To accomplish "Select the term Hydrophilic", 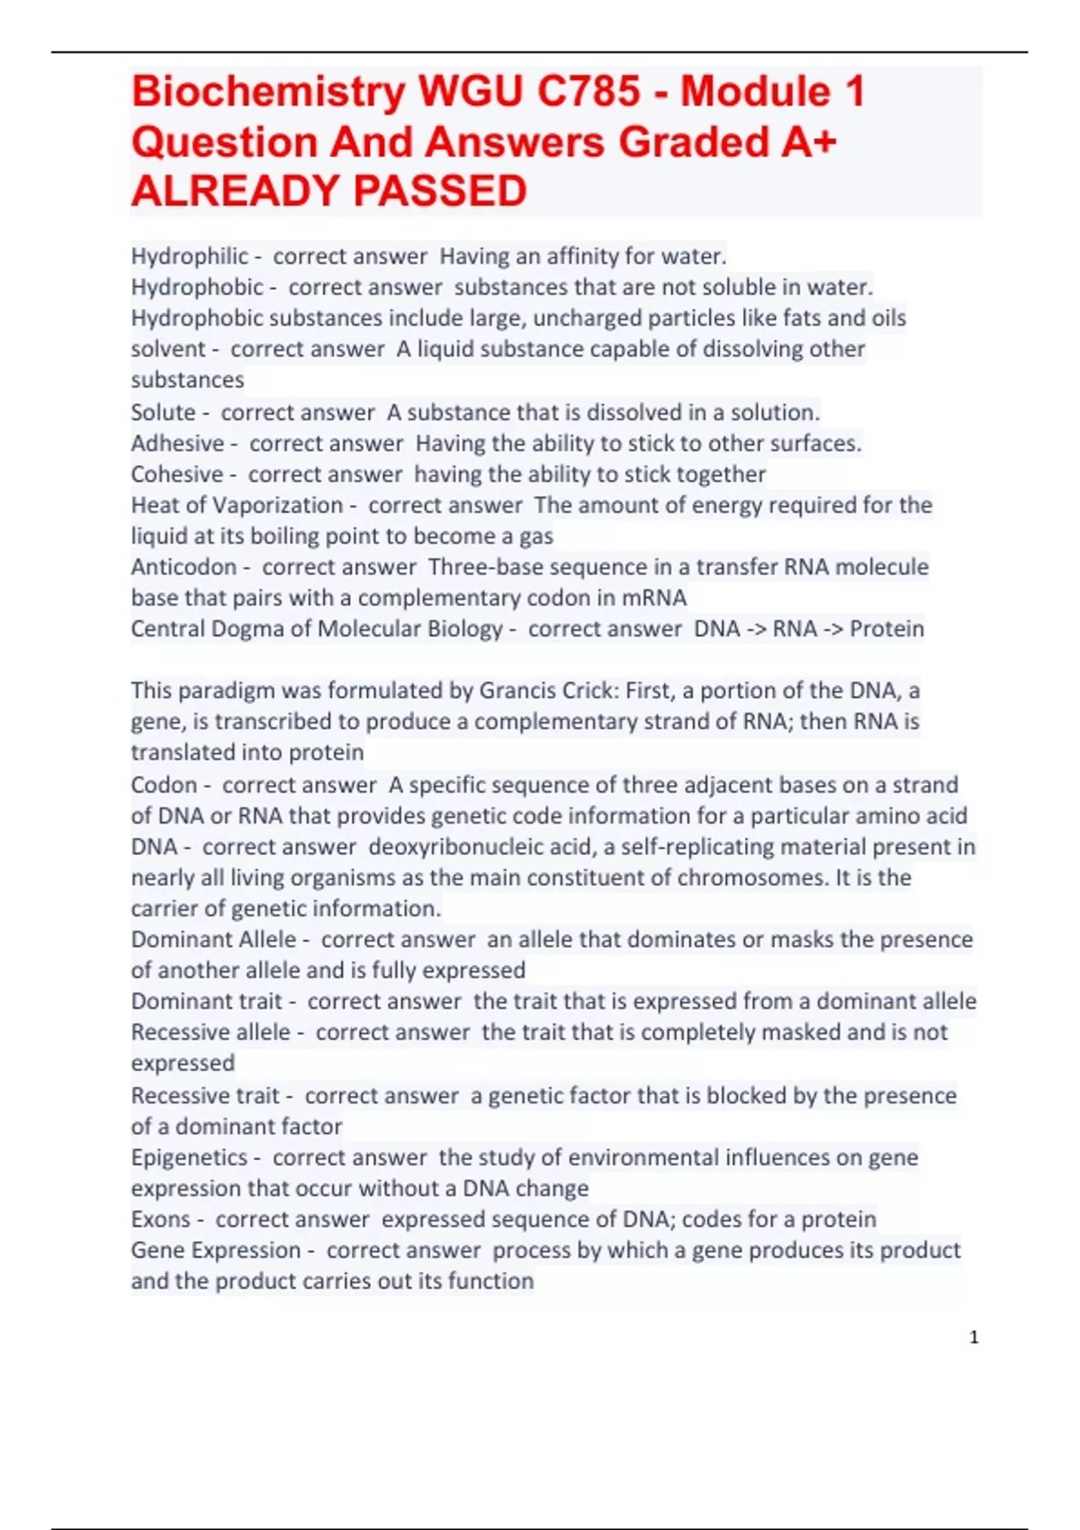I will pos(189,256).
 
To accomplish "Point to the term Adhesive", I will pos(177,443).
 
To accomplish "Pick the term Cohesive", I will pos(176,474).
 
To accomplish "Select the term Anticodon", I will pos(184,567).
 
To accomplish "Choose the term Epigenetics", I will pos(189,1157).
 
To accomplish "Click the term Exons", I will pos(160,1219).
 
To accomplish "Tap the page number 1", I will pos(974,1337).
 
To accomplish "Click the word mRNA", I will pos(654,598).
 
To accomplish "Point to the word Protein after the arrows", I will pos(886,628).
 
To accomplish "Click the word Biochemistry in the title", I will pos(268,92).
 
